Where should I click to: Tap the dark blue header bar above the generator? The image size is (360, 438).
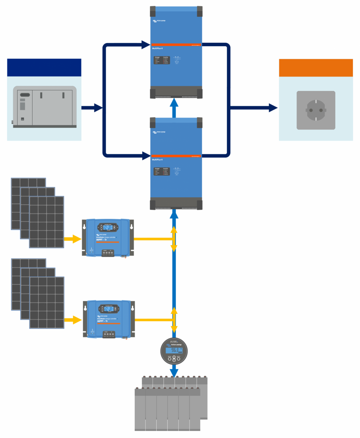click(x=44, y=67)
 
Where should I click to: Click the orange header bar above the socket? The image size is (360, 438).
click(x=316, y=67)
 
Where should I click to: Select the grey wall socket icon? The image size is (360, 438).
click(x=316, y=110)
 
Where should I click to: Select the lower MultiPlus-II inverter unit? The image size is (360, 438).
click(x=176, y=163)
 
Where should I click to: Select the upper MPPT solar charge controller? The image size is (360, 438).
click(x=108, y=238)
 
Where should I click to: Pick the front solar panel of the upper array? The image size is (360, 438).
click(x=47, y=222)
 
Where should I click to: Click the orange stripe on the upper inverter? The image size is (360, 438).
click(x=176, y=45)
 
